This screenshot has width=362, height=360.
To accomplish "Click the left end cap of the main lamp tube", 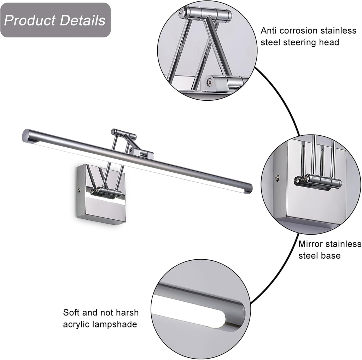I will pyautogui.click(x=26, y=135).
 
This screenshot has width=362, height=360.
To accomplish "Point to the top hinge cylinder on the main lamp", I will pyautogui.click(x=124, y=134).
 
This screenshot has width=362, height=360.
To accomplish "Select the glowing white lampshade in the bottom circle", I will pyautogui.click(x=191, y=318).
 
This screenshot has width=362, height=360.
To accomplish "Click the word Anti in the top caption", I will pyautogui.click(x=269, y=31).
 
